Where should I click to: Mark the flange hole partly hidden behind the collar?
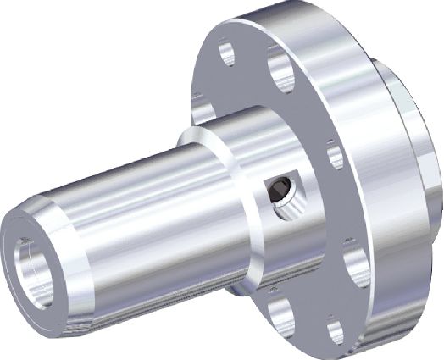(x=201, y=108)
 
